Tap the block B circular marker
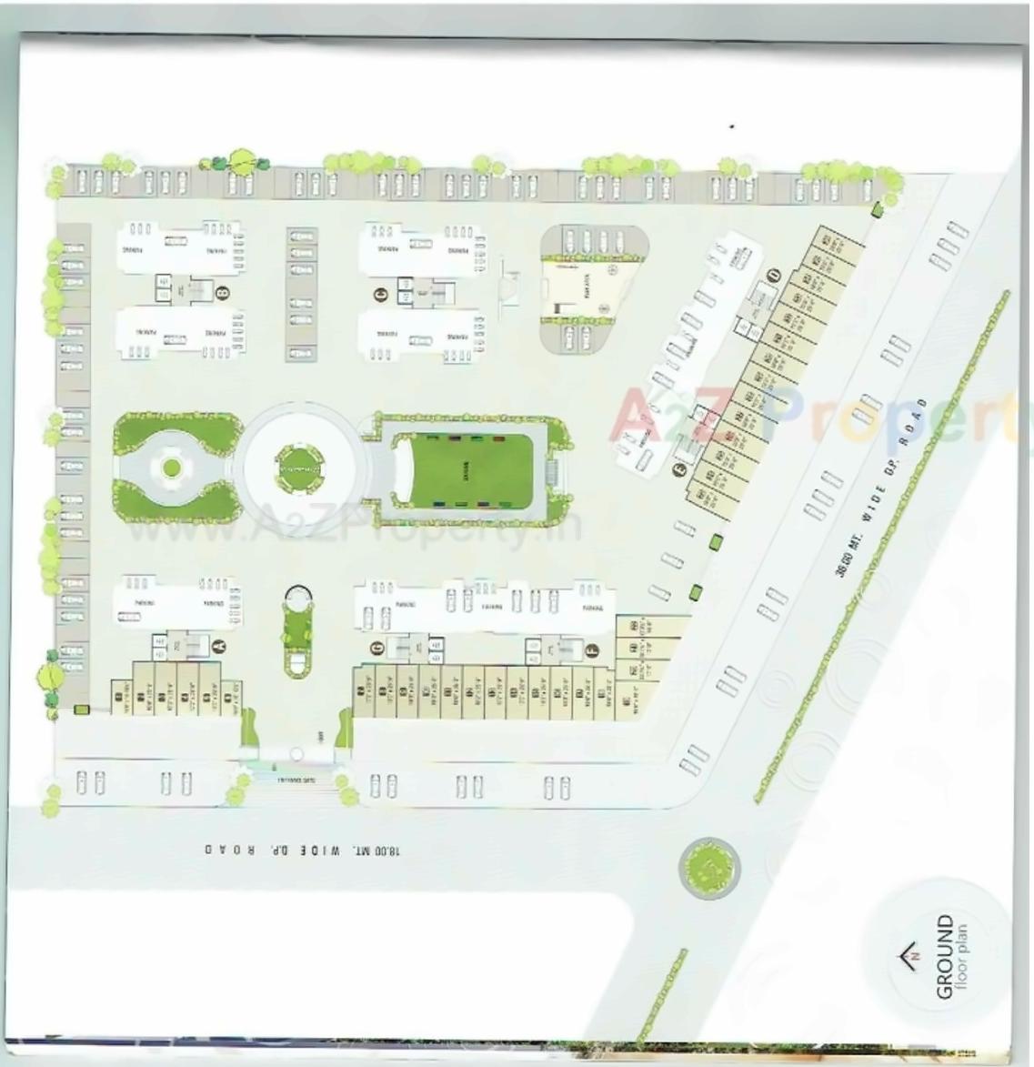click(x=221, y=293)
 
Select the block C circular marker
click(x=381, y=293)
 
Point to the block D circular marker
click(x=774, y=274)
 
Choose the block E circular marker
click(x=678, y=470)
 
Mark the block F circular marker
click(x=592, y=649)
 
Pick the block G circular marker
click(x=376, y=647)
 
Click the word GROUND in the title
click(x=946, y=957)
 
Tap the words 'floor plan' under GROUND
click(x=963, y=961)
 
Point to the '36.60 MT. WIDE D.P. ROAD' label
click(x=881, y=486)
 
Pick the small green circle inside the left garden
click(x=170, y=468)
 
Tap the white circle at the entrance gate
click(x=295, y=753)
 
